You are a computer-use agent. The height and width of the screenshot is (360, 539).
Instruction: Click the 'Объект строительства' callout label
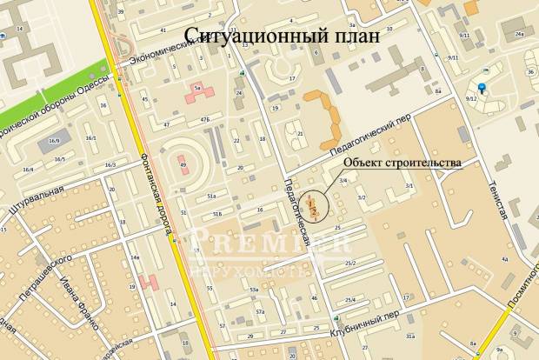click(x=400, y=162)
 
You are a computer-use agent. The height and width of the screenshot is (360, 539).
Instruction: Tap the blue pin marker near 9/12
click(x=482, y=88)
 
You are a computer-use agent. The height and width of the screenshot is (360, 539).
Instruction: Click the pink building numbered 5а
click(x=197, y=89)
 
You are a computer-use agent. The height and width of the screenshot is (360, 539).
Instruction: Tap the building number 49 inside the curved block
click(x=183, y=163)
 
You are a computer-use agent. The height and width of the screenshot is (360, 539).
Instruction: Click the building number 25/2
click(x=349, y=263)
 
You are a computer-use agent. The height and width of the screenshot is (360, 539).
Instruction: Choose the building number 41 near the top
click(x=163, y=30)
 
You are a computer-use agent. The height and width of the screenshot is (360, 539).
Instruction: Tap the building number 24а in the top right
click(x=518, y=35)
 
